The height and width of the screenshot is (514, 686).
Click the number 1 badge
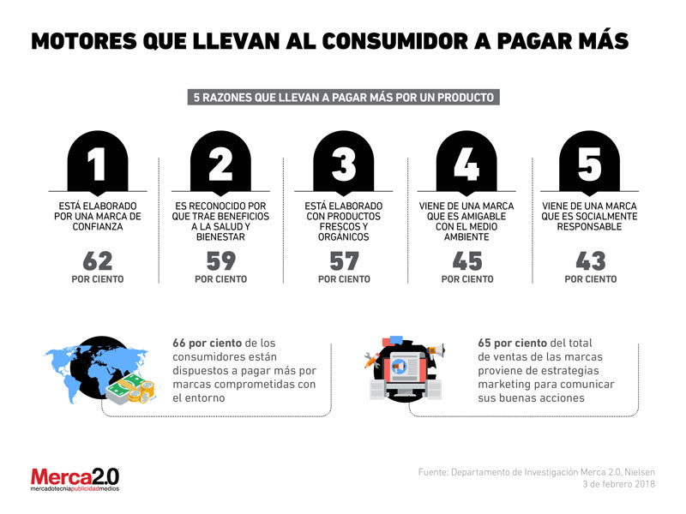(x=98, y=163)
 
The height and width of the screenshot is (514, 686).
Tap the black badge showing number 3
(x=344, y=163)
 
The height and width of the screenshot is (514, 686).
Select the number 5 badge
(x=590, y=163)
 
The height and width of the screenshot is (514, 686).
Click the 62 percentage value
(x=98, y=261)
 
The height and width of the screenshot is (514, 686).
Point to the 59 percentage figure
(x=221, y=261)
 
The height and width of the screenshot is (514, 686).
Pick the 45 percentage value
(x=467, y=261)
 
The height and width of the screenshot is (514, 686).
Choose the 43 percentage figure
(x=591, y=261)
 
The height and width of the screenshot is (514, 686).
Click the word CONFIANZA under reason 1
(x=98, y=227)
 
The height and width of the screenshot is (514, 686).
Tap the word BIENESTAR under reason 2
(x=220, y=237)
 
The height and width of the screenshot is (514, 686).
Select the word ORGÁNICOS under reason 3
(x=344, y=237)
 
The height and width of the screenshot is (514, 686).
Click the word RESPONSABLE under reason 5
(x=589, y=227)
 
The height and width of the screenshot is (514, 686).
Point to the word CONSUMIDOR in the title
(x=395, y=41)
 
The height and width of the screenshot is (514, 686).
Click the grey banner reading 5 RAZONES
(x=344, y=97)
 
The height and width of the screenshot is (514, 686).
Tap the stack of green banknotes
(x=124, y=387)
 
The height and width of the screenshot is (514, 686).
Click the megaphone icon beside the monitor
(x=436, y=350)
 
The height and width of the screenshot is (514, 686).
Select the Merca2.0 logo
(x=75, y=480)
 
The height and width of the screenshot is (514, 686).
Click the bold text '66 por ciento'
(x=207, y=344)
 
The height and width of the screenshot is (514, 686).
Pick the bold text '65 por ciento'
(x=512, y=344)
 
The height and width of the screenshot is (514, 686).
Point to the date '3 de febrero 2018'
(x=618, y=484)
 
